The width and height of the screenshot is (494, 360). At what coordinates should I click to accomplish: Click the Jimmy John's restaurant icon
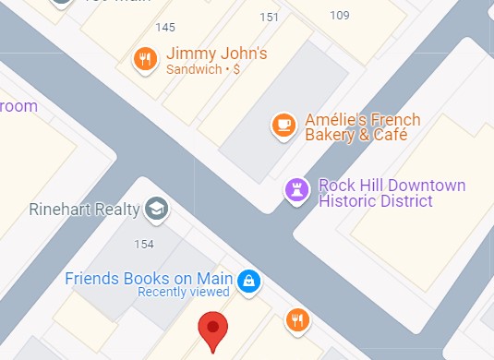click(x=144, y=60)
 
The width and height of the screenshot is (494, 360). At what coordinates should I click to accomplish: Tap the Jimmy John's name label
click(x=216, y=54)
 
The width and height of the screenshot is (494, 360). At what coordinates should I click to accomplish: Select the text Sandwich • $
click(x=202, y=69)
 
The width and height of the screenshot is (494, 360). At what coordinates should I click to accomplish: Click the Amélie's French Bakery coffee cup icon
click(x=283, y=124)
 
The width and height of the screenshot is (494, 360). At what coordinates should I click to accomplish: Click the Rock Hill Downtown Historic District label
click(x=392, y=193)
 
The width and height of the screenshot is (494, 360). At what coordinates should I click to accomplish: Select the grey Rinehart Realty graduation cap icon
click(x=156, y=208)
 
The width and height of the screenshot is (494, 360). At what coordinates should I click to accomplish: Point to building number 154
click(x=143, y=244)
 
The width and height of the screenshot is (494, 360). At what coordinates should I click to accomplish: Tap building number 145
click(x=166, y=27)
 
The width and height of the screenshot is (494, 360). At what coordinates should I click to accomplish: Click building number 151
click(x=270, y=17)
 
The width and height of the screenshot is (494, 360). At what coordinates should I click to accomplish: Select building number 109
click(x=339, y=15)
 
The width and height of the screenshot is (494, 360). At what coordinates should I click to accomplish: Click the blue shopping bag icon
click(x=247, y=282)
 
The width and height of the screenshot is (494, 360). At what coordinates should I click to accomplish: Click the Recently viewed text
click(x=183, y=293)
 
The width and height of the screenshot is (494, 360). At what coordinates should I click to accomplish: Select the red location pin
click(x=214, y=330)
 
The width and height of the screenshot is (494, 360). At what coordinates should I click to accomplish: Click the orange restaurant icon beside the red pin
click(x=296, y=319)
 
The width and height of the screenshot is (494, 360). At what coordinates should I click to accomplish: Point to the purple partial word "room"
click(x=18, y=106)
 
